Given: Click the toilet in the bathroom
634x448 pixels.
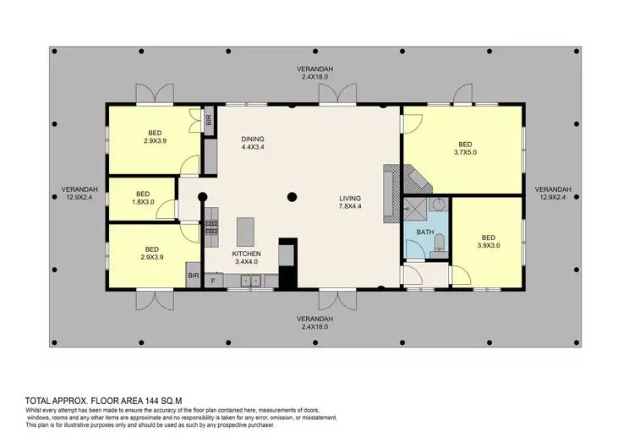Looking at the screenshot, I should coord(439,245).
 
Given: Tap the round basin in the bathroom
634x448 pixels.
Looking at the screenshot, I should coord(439,205).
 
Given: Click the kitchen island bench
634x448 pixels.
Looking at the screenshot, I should coord(246,230).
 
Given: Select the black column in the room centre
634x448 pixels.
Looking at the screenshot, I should coord(291,197).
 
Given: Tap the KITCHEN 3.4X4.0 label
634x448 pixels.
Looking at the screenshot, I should coord(247,258).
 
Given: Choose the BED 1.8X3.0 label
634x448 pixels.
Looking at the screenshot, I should coord(143,196).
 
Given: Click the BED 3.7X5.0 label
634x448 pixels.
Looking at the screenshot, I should coord(465,148).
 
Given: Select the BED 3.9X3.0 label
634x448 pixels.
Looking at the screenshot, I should coord(488,242).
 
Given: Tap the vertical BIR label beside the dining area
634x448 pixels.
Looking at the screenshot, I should coord(209,119).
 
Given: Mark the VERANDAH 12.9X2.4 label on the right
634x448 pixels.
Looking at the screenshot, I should coord(554,193).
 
